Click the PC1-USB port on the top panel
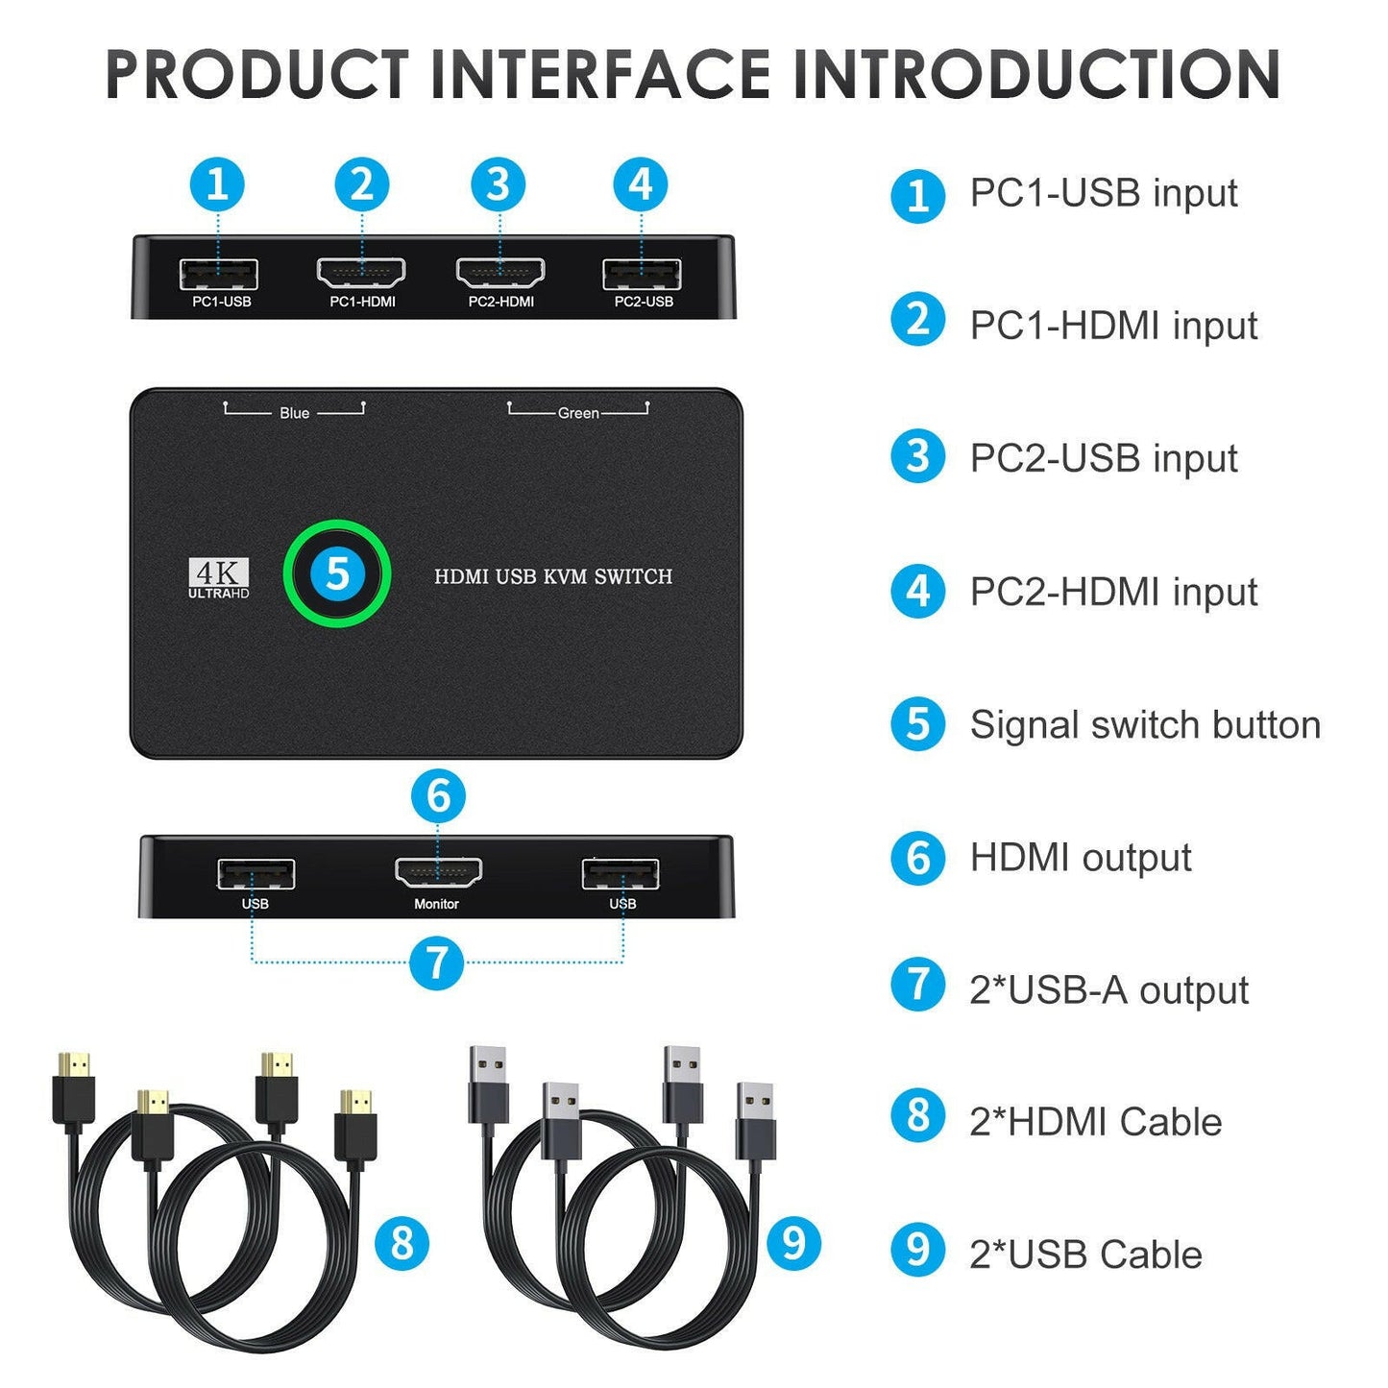(219, 275)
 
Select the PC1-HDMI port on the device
(361, 274)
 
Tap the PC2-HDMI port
(499, 274)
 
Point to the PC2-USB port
(642, 275)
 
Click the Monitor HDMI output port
(438, 873)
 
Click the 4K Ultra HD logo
(218, 578)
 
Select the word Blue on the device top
(294, 413)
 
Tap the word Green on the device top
(578, 413)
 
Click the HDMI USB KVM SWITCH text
(553, 576)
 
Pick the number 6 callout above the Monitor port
(438, 795)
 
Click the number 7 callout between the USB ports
(436, 962)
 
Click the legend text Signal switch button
(1145, 725)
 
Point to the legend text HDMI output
(1081, 858)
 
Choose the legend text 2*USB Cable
(1085, 1254)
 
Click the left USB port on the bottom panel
(256, 875)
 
